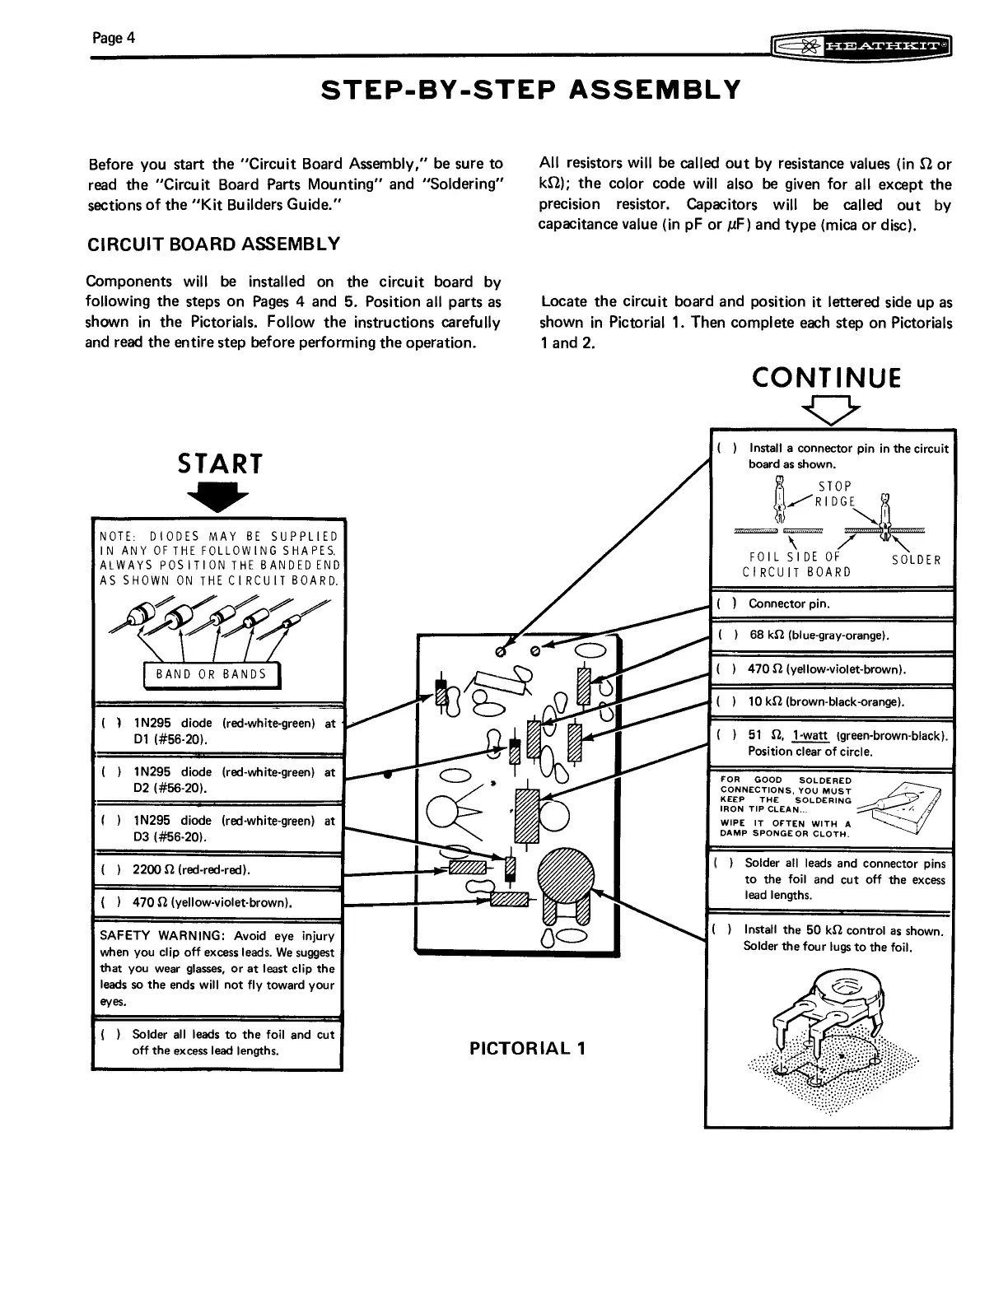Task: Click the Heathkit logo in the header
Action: tap(860, 49)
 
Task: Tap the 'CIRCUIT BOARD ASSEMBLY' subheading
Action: tap(212, 244)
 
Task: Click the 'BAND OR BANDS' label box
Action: tap(212, 673)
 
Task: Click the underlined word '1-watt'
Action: tap(811, 735)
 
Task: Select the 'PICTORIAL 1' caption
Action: tap(527, 1049)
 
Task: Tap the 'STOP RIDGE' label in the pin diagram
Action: tap(835, 494)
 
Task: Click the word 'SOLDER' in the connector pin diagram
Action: tap(917, 561)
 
